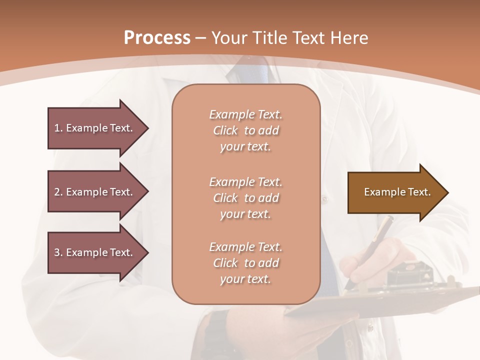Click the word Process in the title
coord(157,38)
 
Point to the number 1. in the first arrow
coord(58,128)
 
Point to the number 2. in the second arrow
coord(58,192)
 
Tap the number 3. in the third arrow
coord(58,252)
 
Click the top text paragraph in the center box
coord(245,130)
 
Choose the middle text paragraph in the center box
coord(245,198)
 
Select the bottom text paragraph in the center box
coord(245,263)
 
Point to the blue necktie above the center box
coord(250,72)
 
